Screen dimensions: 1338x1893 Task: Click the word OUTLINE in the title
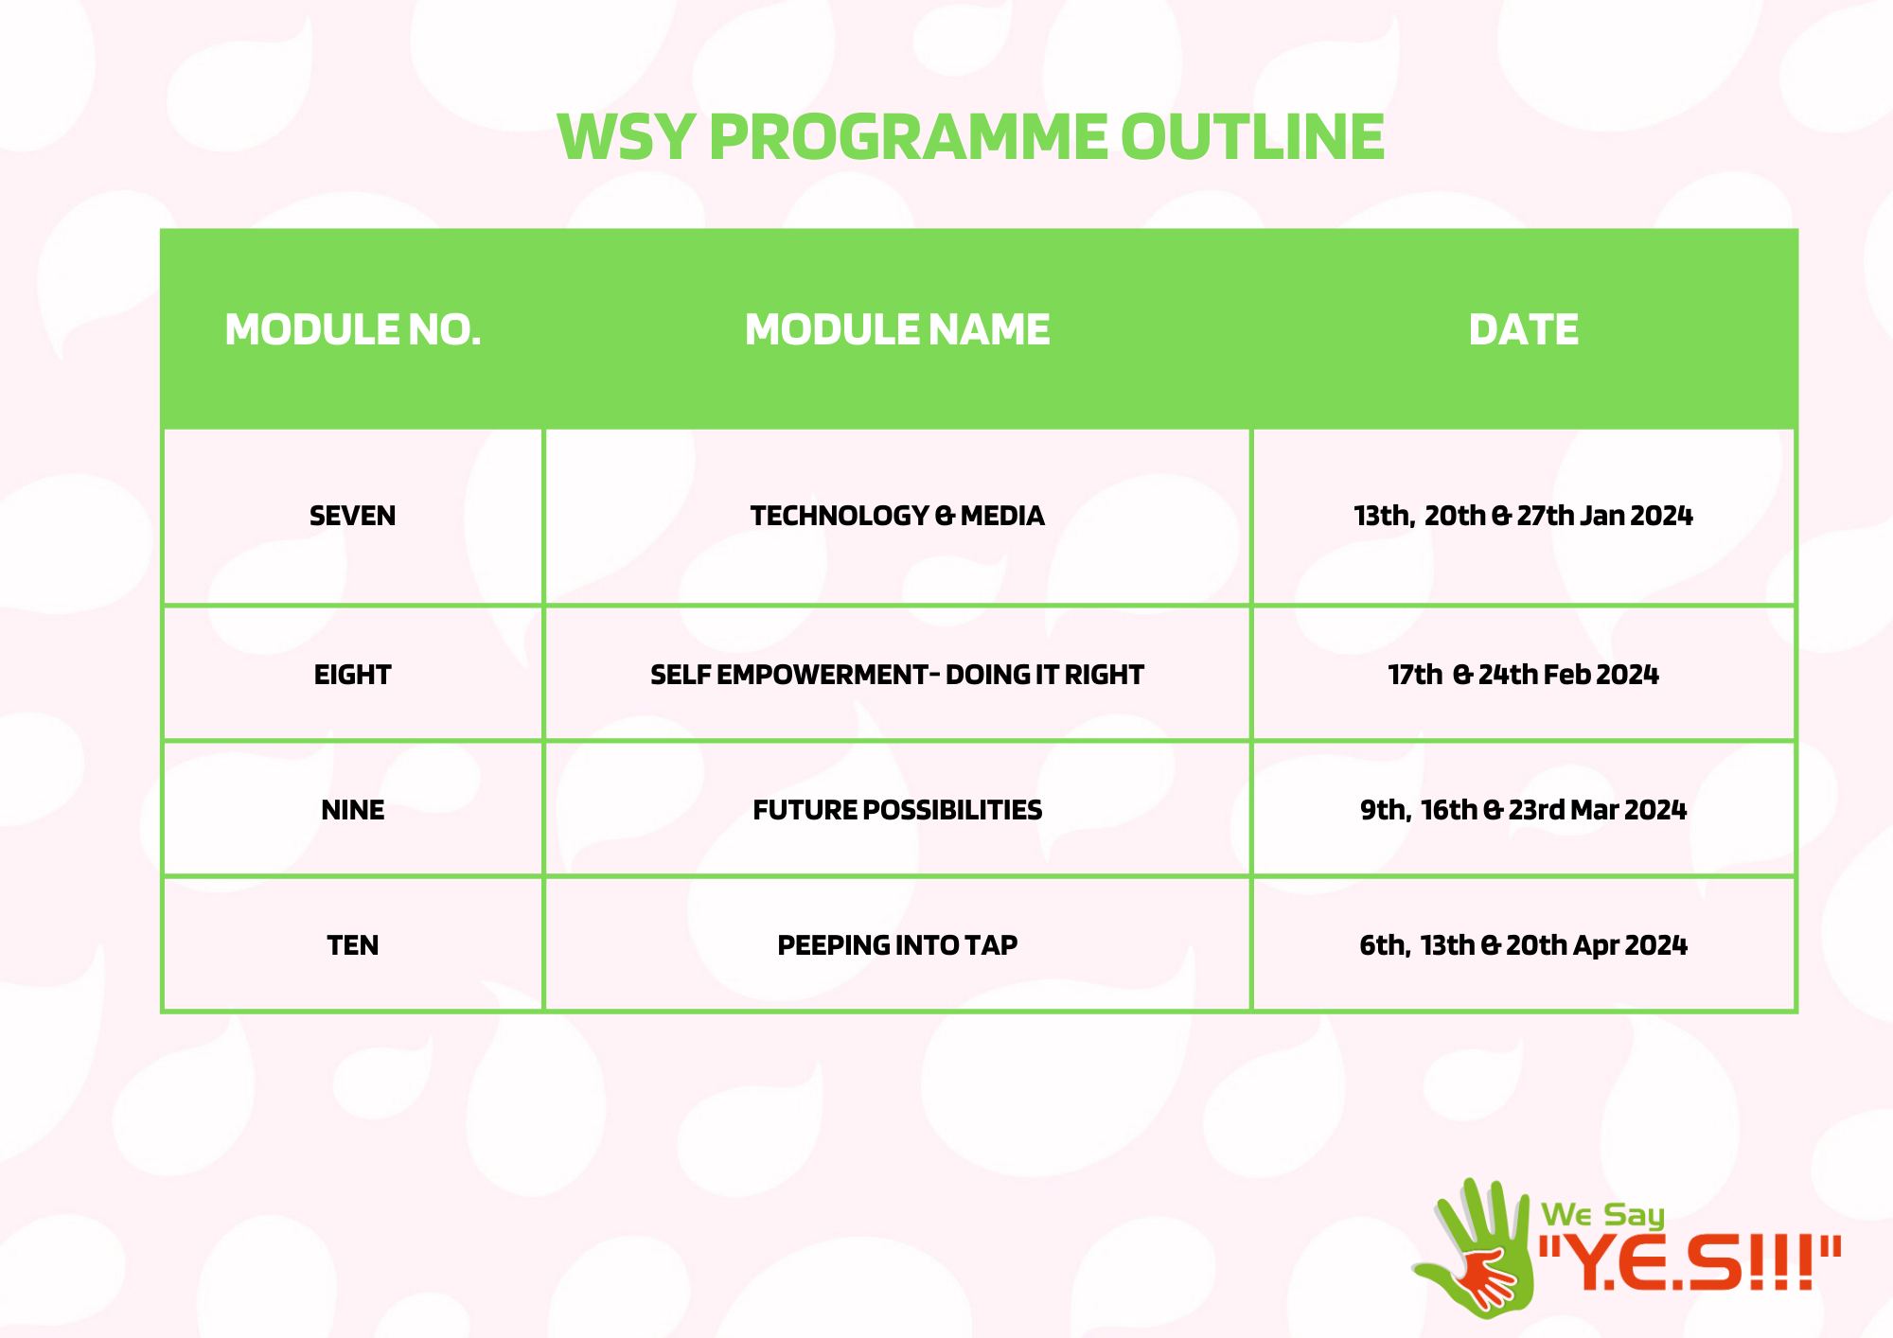tap(1252, 137)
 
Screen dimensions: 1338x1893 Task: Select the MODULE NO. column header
tap(353, 329)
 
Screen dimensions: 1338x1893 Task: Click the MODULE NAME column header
tap(897, 329)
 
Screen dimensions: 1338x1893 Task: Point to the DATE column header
tap(1523, 329)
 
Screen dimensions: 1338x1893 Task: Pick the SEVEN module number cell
tap(353, 516)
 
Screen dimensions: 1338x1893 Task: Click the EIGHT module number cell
tap(353, 675)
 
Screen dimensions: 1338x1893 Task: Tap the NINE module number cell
tap(353, 810)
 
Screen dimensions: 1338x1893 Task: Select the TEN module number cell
tap(353, 945)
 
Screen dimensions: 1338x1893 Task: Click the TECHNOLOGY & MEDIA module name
tap(897, 516)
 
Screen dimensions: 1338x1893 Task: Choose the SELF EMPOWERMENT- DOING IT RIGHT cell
tap(897, 675)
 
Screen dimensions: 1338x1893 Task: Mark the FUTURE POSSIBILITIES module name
tap(897, 810)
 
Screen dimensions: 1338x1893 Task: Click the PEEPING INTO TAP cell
tap(897, 945)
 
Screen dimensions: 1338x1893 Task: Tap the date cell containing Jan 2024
tap(1523, 516)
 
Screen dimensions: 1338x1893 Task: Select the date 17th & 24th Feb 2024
tap(1523, 675)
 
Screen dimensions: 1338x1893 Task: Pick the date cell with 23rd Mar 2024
tap(1523, 810)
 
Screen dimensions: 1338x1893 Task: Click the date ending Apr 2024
tap(1523, 945)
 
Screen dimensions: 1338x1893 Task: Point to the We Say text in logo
tap(1602, 1215)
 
